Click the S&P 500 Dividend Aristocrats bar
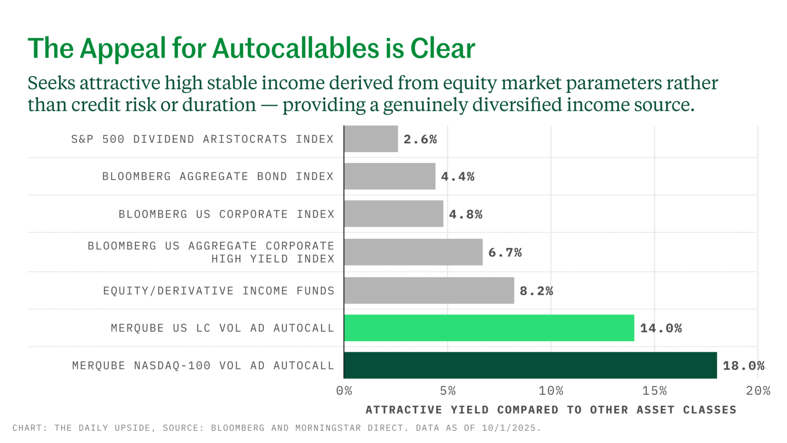click(371, 139)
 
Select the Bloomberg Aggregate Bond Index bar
click(390, 176)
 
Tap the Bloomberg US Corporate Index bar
click(393, 214)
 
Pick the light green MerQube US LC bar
click(489, 328)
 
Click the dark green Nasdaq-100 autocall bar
click(531, 365)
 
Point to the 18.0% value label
click(743, 366)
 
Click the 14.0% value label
click(661, 328)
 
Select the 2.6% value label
click(420, 139)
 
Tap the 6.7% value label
click(505, 253)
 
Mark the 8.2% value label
click(537, 291)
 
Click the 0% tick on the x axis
click(344, 391)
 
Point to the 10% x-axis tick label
click(551, 391)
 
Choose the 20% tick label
click(758, 391)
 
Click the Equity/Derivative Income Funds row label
click(218, 291)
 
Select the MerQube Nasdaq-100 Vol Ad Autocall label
click(203, 366)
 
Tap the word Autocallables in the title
click(296, 49)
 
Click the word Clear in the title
click(443, 49)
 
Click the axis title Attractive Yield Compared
click(462, 410)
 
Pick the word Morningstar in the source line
click(328, 428)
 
